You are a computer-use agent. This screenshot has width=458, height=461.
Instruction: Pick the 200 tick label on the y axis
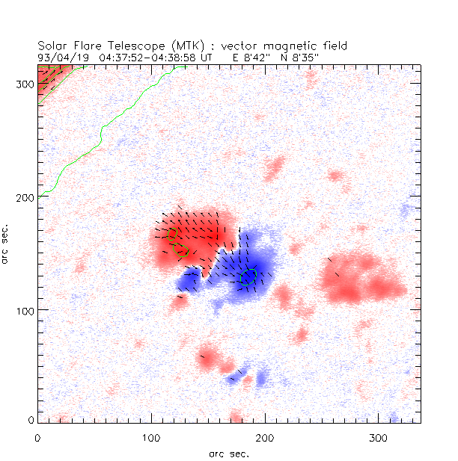pyautogui.click(x=24, y=197)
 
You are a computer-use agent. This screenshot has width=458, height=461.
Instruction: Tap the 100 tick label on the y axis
pyautogui.click(x=24, y=310)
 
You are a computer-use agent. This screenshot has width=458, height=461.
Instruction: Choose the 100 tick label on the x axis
pyautogui.click(x=151, y=436)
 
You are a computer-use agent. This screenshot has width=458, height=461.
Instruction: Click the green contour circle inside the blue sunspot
pyautogui.click(x=248, y=276)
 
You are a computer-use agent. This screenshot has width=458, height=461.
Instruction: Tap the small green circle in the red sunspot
pyautogui.click(x=173, y=234)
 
